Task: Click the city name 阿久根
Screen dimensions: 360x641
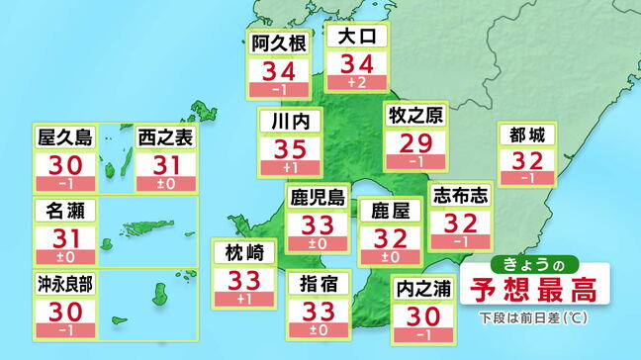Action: point(277,43)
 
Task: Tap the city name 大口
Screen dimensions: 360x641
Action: point(357,39)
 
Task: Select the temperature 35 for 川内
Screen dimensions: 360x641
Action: point(290,150)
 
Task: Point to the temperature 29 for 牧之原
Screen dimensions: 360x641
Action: point(415,143)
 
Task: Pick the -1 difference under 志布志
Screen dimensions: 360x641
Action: point(459,241)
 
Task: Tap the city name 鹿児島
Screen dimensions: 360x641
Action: point(317,198)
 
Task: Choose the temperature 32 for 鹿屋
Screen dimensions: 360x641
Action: point(389,235)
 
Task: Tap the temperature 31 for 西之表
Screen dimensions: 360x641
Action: point(165,165)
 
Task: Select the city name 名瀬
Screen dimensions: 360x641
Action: point(65,210)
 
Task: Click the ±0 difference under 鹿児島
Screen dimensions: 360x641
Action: point(317,243)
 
